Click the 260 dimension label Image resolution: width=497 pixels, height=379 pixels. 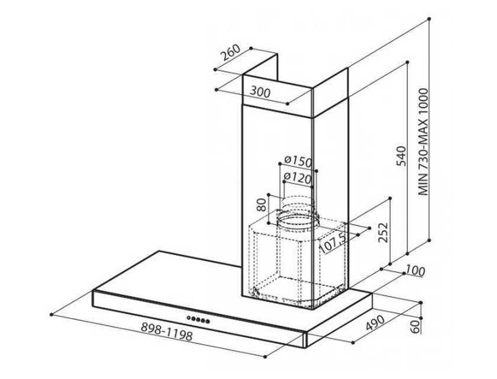point(231,52)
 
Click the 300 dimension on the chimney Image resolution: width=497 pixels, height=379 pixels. point(260,92)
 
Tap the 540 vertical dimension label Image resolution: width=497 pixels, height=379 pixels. point(401,156)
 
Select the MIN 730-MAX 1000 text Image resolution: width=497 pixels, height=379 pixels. point(423,142)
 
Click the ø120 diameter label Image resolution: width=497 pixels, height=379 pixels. point(298,178)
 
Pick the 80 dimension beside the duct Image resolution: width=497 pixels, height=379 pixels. point(262,205)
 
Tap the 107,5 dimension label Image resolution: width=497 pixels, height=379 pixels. point(333,243)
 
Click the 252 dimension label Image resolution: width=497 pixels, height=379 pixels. point(383,233)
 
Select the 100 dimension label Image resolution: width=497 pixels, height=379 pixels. point(415,271)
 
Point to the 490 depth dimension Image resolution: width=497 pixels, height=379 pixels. point(375,323)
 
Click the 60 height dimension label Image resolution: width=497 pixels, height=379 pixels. point(415,327)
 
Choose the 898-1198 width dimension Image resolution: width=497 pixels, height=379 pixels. point(167,331)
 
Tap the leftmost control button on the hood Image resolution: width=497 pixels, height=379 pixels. point(188,317)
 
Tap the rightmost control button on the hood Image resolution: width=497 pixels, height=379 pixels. point(208,322)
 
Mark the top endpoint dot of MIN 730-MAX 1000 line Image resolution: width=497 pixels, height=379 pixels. point(429,19)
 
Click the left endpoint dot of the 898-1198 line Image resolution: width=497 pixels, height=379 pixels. point(51,314)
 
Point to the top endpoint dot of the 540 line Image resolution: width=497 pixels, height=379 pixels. point(408,62)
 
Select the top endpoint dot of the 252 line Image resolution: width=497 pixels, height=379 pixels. point(390,198)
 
